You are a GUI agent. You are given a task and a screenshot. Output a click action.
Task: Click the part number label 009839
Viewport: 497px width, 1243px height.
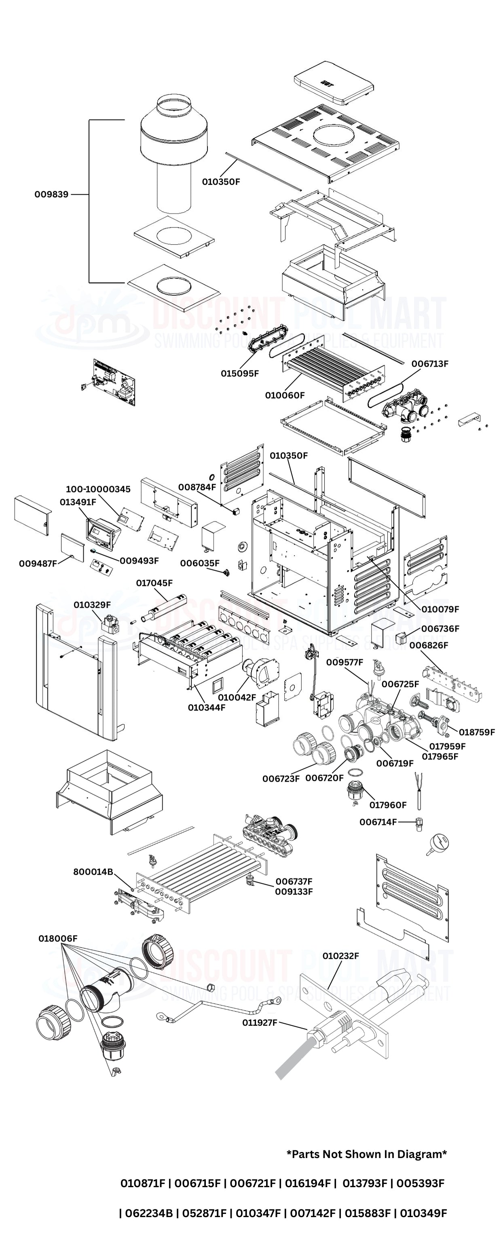pos(51,195)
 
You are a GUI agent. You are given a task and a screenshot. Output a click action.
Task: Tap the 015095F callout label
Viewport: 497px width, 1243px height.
pos(239,373)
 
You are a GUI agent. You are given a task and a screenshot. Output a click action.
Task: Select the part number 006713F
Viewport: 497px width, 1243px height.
pos(429,364)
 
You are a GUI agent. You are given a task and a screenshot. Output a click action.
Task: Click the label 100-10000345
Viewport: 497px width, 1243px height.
pos(98,489)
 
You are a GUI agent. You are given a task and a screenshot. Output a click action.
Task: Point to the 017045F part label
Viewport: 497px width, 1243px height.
pos(154,583)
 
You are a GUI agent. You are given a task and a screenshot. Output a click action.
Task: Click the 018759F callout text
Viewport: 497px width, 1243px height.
pos(476,732)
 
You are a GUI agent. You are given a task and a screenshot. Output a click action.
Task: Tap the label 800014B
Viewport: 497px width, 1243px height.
pos(93,872)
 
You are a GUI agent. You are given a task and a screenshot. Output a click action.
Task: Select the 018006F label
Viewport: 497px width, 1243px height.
pos(58,939)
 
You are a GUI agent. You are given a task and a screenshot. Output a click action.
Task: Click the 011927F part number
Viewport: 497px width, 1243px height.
pos(260,1022)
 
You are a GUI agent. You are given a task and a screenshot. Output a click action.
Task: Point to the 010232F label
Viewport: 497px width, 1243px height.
pos(341,956)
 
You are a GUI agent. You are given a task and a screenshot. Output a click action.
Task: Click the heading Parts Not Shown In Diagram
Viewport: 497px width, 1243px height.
pos(367,1154)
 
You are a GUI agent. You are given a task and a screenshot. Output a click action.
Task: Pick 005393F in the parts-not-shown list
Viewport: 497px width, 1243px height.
pos(420,1183)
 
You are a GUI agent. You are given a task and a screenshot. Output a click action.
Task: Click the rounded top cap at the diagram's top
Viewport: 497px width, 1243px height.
pos(334,83)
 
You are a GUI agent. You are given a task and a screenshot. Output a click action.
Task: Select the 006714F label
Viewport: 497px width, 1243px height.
pos(378,822)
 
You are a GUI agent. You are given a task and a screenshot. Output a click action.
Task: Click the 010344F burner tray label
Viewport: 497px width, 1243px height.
pos(206,707)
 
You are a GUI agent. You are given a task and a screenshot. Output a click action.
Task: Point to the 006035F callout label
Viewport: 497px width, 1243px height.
pos(200,563)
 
